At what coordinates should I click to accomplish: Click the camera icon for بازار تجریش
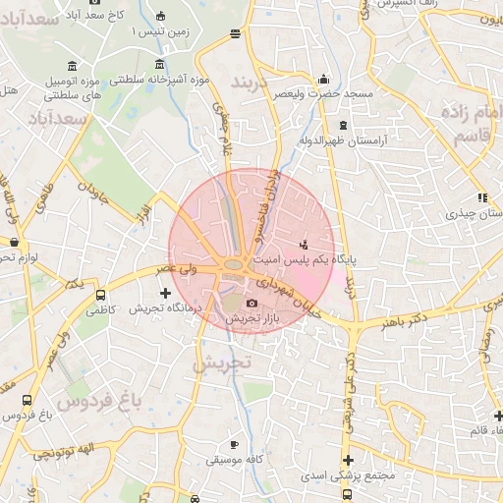pyautogui.click(x=252, y=304)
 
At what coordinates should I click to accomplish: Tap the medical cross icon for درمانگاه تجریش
pyautogui.click(x=165, y=293)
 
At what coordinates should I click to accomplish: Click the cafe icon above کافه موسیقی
pyautogui.click(x=233, y=444)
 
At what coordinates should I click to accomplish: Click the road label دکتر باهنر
pyautogui.click(x=406, y=321)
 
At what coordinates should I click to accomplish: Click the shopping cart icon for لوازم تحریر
pyautogui.click(x=14, y=241)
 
